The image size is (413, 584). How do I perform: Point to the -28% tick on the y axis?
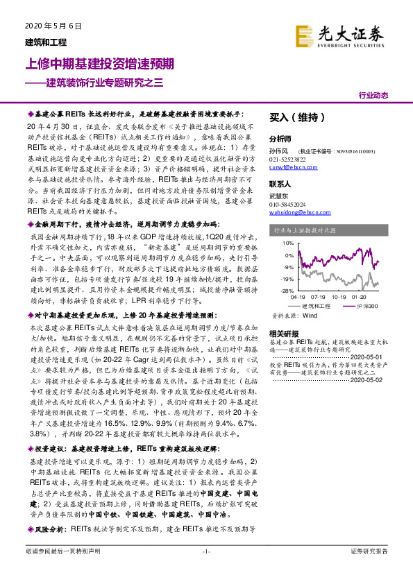coord(287,291)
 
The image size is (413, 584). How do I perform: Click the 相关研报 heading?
coord(283,334)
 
